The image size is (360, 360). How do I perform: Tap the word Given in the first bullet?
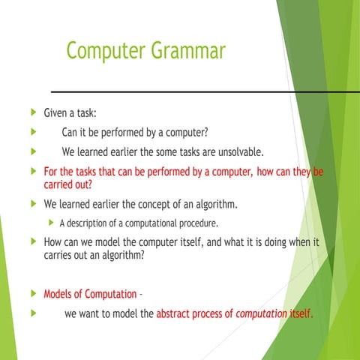(x=58, y=114)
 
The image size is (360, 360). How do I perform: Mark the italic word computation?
(x=261, y=313)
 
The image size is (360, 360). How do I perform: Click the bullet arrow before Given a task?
(x=30, y=114)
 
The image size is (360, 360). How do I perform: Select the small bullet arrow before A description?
(x=50, y=223)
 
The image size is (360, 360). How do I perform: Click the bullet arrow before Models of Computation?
(x=30, y=293)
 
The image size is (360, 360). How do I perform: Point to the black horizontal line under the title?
(x=187, y=91)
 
